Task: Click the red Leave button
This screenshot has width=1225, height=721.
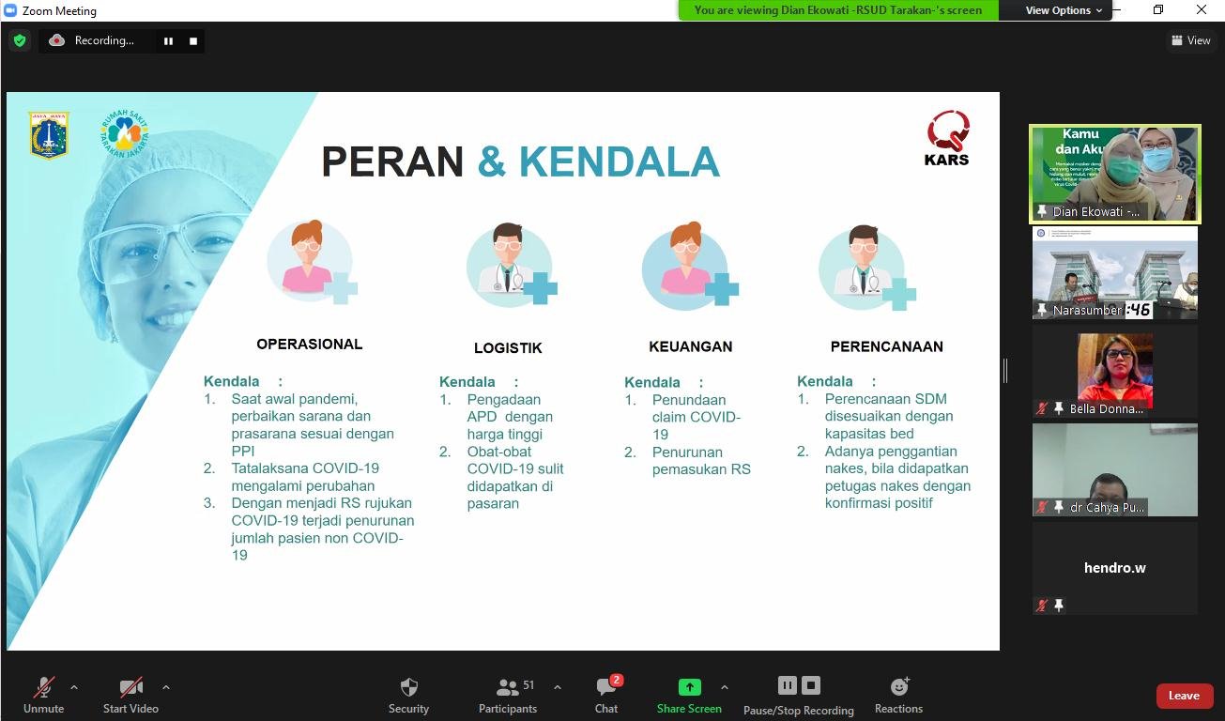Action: point(1184,696)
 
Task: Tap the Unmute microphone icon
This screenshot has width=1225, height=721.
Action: point(43,687)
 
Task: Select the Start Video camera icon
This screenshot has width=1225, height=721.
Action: point(130,687)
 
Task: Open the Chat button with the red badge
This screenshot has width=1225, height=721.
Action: point(606,687)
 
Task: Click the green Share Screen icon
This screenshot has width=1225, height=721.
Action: point(689,687)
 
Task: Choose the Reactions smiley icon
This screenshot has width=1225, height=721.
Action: point(898,687)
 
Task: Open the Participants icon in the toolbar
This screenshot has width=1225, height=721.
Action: point(508,687)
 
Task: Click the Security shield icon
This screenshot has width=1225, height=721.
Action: point(408,687)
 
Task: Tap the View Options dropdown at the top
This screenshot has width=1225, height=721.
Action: point(1064,10)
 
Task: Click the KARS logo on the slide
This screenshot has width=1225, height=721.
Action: point(947,137)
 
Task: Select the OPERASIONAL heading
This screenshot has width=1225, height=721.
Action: point(309,345)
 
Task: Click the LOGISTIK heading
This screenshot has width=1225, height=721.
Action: point(508,348)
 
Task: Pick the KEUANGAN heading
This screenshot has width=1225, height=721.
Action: point(690,346)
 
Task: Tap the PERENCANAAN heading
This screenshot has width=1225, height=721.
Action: point(886,346)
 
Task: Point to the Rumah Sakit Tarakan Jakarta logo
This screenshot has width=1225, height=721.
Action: point(124,134)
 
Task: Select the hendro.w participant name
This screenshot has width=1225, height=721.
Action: point(1114,568)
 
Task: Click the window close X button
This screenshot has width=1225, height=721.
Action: point(1202,10)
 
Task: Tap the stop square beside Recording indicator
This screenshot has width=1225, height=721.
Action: point(193,40)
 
